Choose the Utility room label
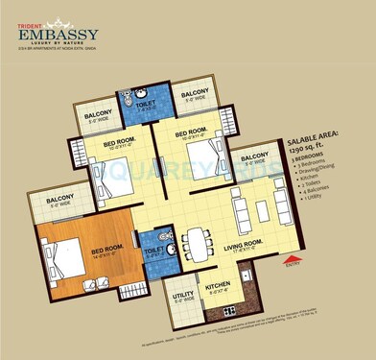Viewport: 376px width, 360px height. [x=179, y=299]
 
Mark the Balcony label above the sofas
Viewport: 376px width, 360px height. [x=256, y=157]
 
